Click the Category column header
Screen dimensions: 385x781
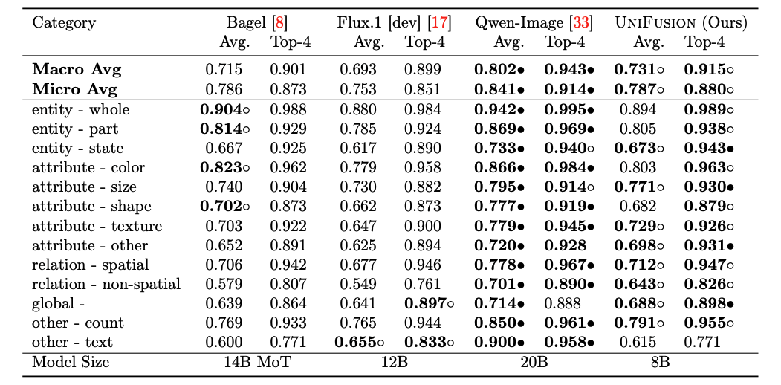(63, 22)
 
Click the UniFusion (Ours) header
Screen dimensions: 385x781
(681, 22)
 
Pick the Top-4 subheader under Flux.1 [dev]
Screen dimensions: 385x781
(425, 42)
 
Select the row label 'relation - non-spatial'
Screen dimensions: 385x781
(106, 284)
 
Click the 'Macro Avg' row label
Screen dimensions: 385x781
(76, 71)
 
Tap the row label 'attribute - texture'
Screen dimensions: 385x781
(97, 226)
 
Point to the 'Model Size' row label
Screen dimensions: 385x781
(71, 362)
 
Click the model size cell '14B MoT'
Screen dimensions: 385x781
(256, 362)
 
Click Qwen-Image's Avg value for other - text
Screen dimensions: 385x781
(499, 342)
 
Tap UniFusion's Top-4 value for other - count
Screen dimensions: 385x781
(708, 323)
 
